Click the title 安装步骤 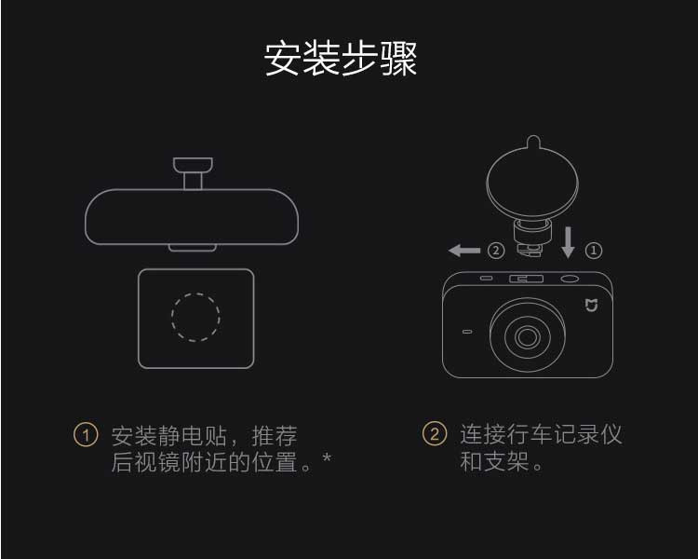[341, 59]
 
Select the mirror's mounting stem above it [193, 173]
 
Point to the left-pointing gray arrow [464, 251]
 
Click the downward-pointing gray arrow [568, 242]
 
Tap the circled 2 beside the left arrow [496, 251]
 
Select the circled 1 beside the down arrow [594, 251]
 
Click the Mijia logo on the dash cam [591, 306]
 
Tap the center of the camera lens [528, 336]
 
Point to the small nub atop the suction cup [533, 142]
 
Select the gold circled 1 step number [86, 435]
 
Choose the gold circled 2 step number [435, 434]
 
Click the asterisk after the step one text [328, 457]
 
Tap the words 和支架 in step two [494, 462]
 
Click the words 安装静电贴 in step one [169, 436]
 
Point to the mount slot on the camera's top [526, 279]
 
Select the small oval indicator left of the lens [467, 332]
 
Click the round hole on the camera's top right [570, 279]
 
